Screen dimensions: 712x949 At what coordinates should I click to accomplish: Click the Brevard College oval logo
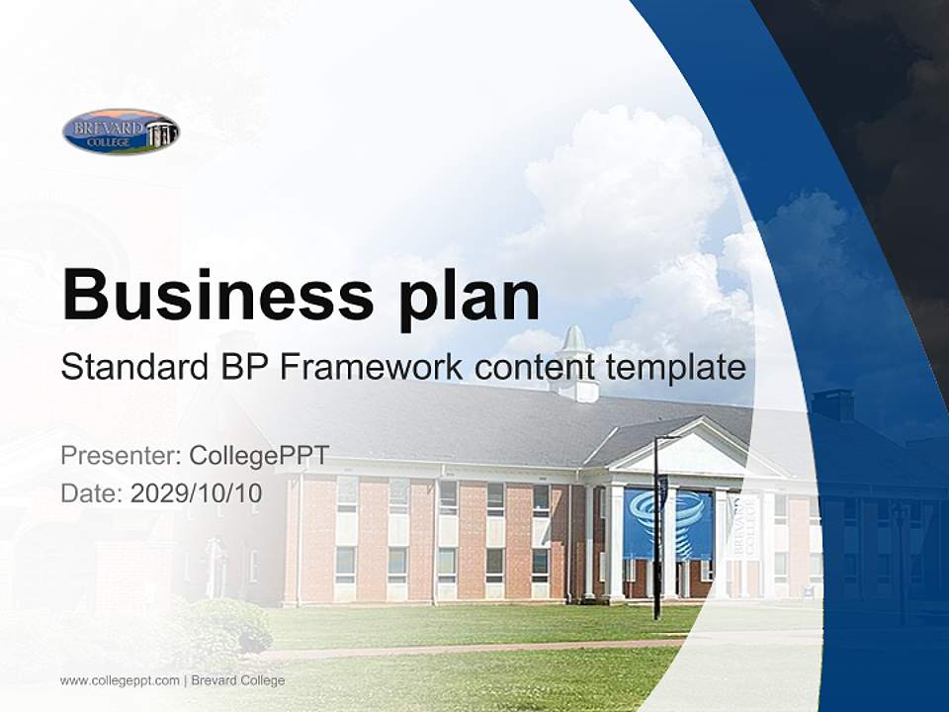(x=121, y=132)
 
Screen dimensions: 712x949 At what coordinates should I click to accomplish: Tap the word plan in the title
(x=470, y=297)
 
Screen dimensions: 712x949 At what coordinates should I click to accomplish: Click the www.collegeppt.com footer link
(x=120, y=680)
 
